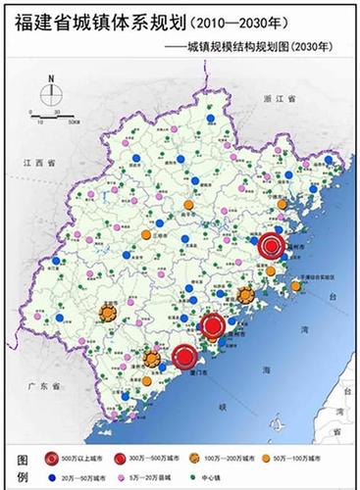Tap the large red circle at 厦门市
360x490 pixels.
pos(183,361)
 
